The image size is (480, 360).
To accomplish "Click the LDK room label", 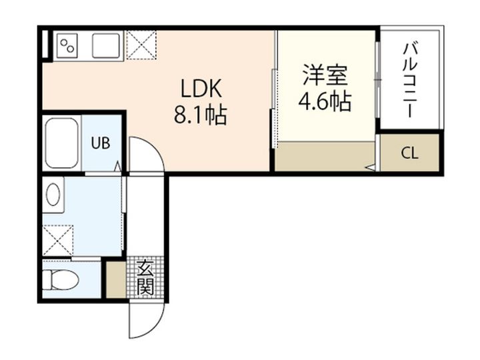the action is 201,88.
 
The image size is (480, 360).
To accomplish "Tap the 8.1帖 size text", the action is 201,115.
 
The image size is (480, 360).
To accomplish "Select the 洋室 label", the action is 325,75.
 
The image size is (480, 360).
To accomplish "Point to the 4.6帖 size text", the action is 325,101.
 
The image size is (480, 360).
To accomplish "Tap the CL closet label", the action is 409,153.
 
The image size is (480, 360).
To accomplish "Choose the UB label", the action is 101,143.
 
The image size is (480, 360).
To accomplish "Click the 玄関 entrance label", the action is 145,277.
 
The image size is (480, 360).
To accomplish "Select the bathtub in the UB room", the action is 61,143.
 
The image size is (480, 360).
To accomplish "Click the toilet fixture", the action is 60,280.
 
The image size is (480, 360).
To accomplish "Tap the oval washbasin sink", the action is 53,195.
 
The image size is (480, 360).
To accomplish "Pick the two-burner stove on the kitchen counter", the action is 67,46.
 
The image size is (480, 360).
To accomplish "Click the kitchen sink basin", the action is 106,45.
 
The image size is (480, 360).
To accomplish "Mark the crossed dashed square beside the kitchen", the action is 141,45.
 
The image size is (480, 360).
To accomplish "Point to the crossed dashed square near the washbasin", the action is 58,240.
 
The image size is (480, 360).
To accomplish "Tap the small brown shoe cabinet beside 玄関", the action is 116,279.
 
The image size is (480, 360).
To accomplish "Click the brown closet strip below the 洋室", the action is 325,156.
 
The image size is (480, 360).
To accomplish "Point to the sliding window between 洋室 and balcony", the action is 378,80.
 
